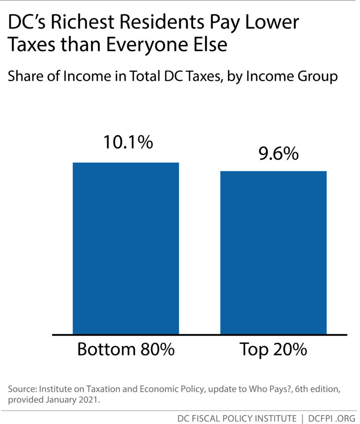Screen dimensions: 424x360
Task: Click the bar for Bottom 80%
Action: (x=126, y=249)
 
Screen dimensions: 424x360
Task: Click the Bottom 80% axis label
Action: (x=126, y=350)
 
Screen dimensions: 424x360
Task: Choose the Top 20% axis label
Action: (x=273, y=350)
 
